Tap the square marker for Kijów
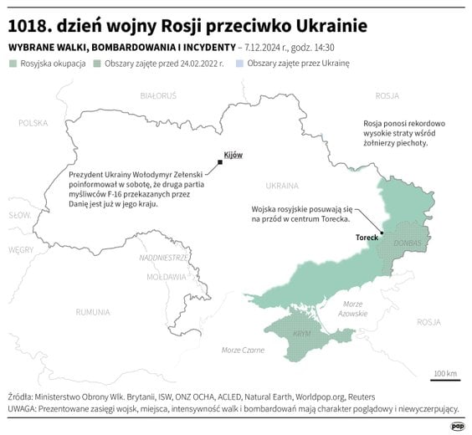pyautogui.click(x=219, y=162)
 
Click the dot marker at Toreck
pyautogui.click(x=381, y=233)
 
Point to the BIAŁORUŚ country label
pyautogui.click(x=158, y=97)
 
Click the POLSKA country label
pyautogui.click(x=33, y=123)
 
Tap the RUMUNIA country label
pyautogui.click(x=92, y=311)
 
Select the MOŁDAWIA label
pyautogui.click(x=166, y=276)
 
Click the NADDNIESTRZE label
pyautogui.click(x=164, y=258)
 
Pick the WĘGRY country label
pyautogui.click(x=21, y=249)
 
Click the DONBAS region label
pyautogui.click(x=407, y=243)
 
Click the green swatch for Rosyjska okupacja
pyautogui.click(x=13, y=64)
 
